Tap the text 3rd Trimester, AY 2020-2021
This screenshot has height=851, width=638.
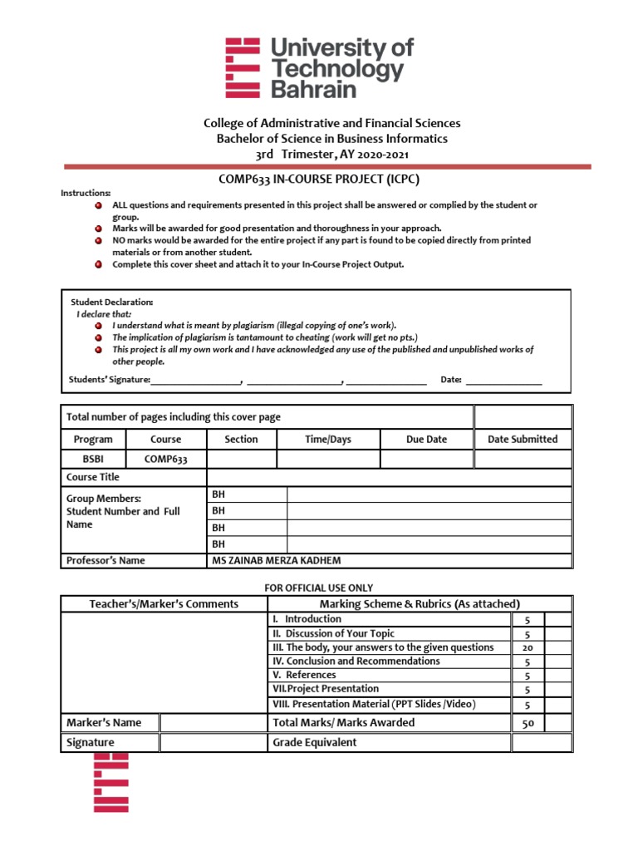pyautogui.click(x=331, y=154)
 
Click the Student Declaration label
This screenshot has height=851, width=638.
pyautogui.click(x=112, y=302)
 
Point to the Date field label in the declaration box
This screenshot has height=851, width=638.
pyautogui.click(x=451, y=380)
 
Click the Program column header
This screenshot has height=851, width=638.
pyautogui.click(x=93, y=439)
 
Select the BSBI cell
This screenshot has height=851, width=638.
pyautogui.click(x=93, y=459)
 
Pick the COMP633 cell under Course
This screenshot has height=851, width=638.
pyautogui.click(x=165, y=459)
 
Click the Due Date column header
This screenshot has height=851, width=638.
pyautogui.click(x=426, y=439)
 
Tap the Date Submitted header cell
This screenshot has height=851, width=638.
pyautogui.click(x=523, y=439)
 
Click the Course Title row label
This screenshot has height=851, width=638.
pyautogui.click(x=93, y=477)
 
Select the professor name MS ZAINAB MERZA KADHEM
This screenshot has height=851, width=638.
pyautogui.click(x=277, y=560)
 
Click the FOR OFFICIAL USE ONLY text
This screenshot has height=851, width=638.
pyautogui.click(x=319, y=588)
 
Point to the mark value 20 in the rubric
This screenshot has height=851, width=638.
pyautogui.click(x=527, y=647)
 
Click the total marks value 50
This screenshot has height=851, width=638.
pyautogui.click(x=528, y=723)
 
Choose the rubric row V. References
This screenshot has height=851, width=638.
pyautogui.click(x=304, y=675)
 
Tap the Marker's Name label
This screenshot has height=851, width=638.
pyautogui.click(x=104, y=722)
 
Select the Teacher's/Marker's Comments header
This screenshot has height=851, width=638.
pyautogui.click(x=164, y=604)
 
